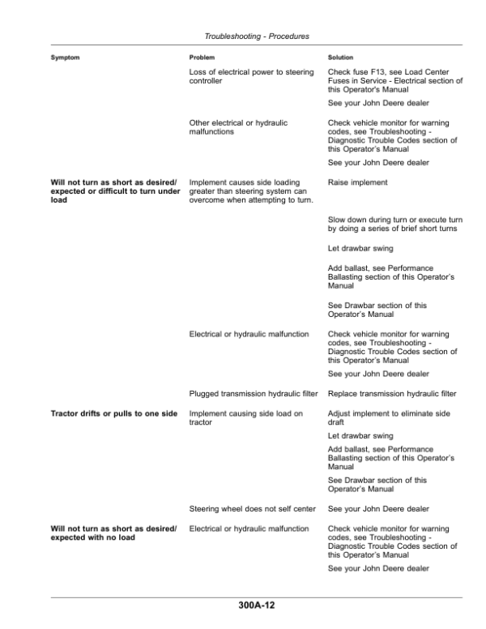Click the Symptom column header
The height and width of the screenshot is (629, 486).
66,58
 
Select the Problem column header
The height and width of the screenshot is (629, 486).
202,58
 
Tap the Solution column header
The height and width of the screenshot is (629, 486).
341,58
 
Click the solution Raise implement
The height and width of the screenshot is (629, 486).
357,183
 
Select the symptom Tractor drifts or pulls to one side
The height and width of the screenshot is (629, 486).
113,414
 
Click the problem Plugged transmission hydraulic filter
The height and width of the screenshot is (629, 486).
254,394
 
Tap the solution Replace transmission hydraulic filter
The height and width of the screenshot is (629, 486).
392,394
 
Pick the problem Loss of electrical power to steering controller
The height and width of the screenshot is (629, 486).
250,78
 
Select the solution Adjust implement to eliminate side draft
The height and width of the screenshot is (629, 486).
388,418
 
